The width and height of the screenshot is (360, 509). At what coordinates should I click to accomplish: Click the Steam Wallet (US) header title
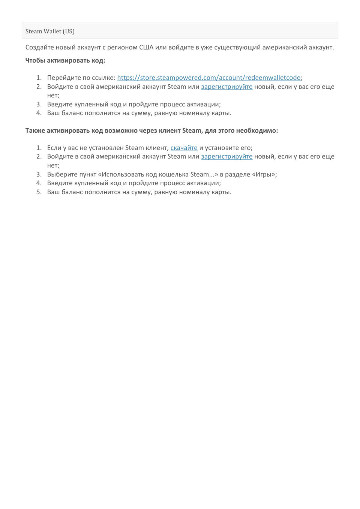click(x=50, y=31)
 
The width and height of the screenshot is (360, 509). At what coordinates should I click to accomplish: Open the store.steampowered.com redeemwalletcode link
click(x=209, y=78)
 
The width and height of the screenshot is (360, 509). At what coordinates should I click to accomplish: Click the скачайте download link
click(x=184, y=148)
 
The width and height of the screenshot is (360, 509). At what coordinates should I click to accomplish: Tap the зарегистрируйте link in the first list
click(x=226, y=87)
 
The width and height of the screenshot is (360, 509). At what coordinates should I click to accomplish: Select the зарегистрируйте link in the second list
click(x=226, y=157)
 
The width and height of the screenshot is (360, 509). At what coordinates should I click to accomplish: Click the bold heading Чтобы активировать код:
click(x=65, y=60)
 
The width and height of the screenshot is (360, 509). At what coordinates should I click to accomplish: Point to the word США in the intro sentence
click(x=146, y=48)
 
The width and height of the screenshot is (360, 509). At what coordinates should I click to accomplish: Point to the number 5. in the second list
click(x=39, y=192)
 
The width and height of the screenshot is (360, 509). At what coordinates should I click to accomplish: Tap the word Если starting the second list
click(x=54, y=148)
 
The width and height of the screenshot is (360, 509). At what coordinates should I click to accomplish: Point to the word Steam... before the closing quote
click(x=202, y=175)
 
